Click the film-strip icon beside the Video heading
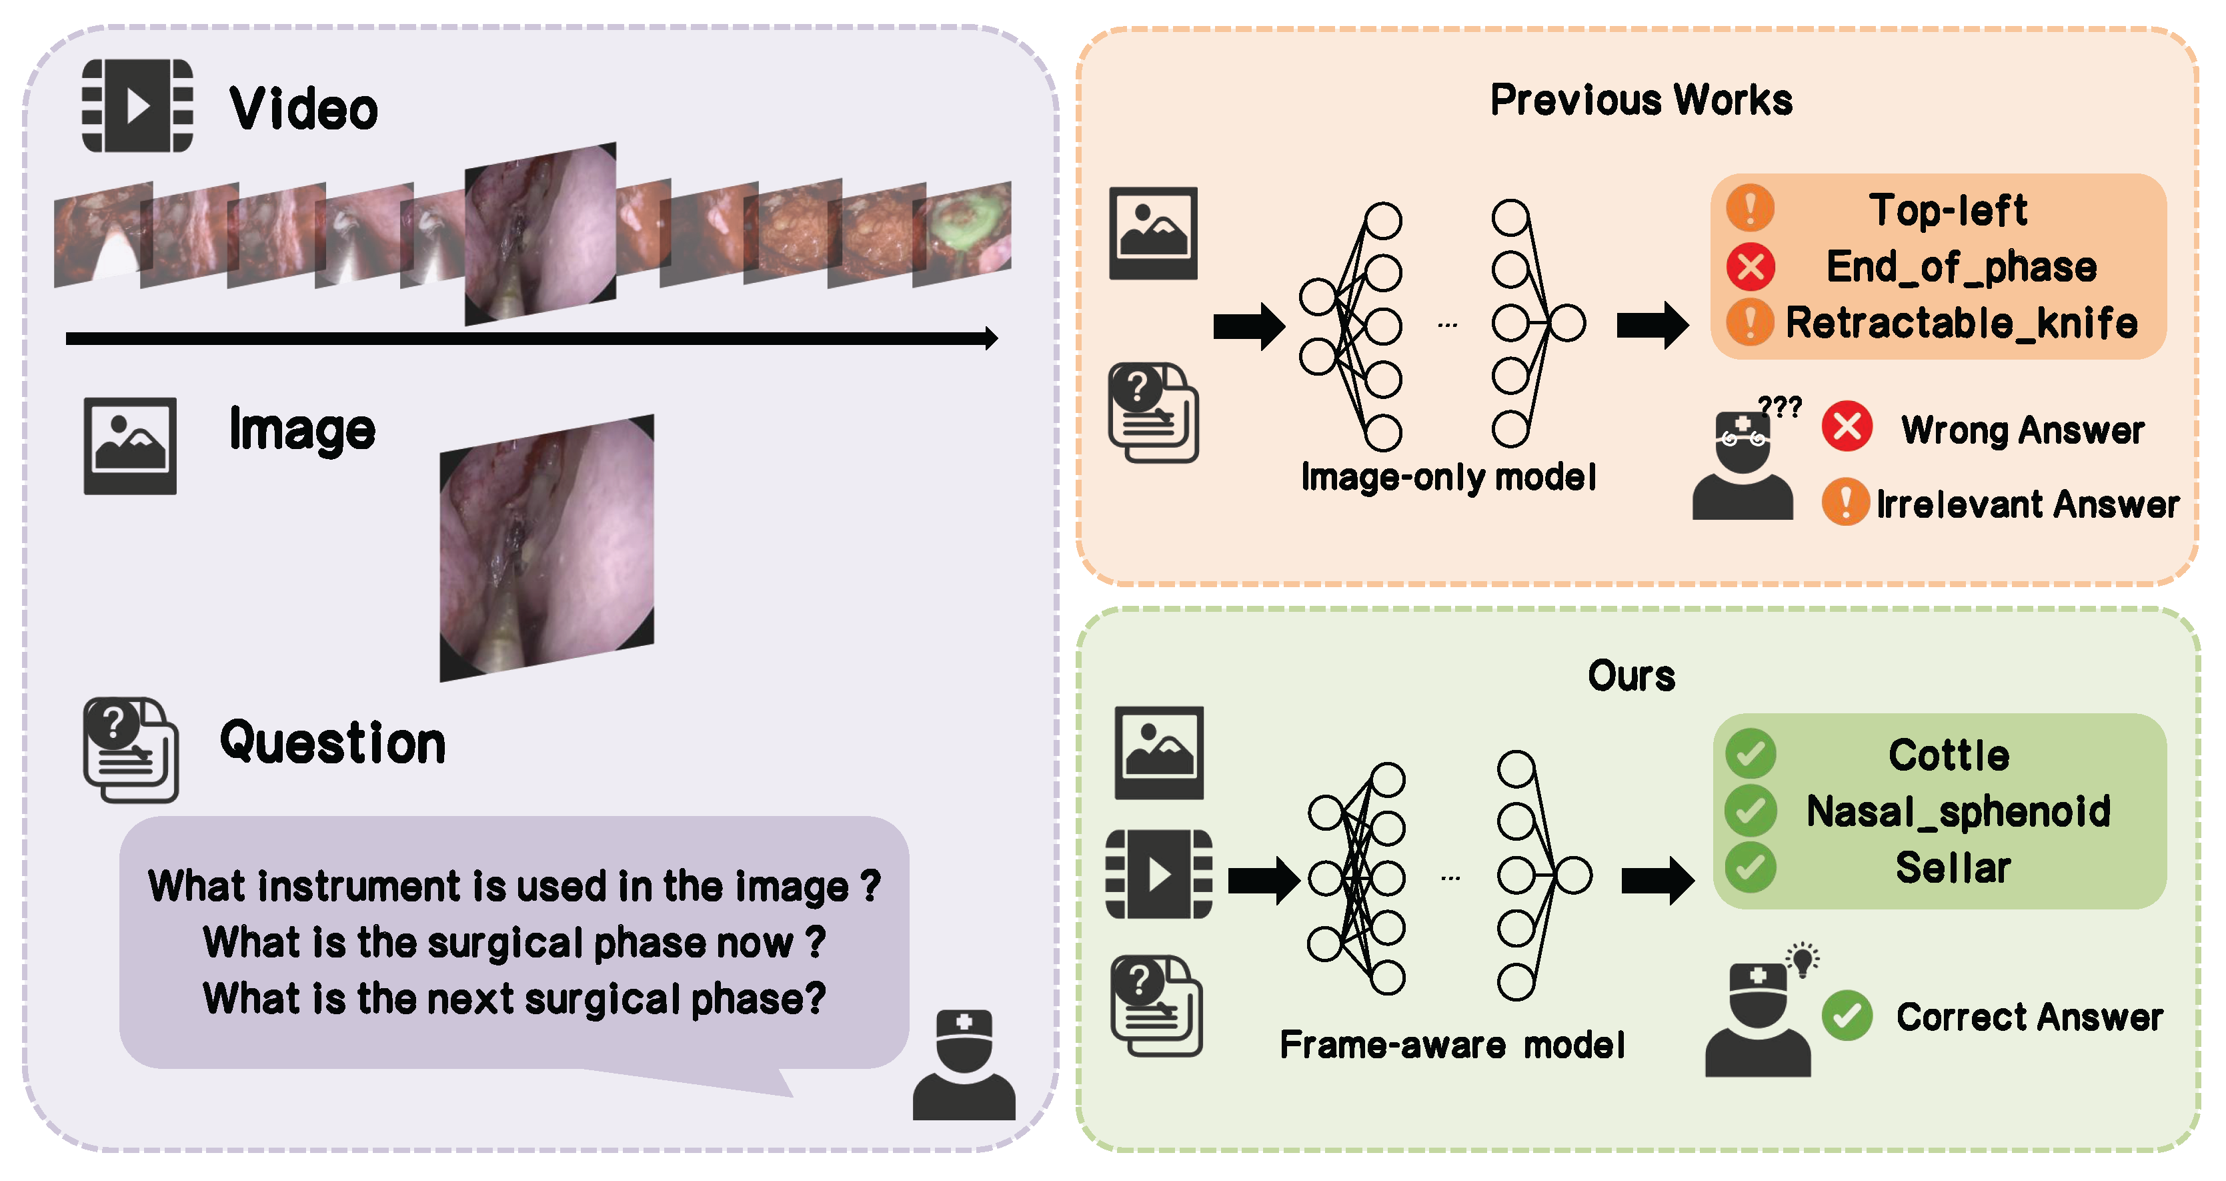tap(137, 105)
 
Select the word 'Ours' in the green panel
tap(1630, 676)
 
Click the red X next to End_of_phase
tap(1750, 266)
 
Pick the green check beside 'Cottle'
tap(1750, 754)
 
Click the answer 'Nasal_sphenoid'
tap(1958, 811)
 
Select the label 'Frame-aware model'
tap(1452, 1044)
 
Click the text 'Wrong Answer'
tap(2022, 430)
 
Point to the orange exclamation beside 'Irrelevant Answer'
tap(1845, 502)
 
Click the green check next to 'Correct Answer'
tap(1847, 1016)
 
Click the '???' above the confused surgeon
tap(1780, 406)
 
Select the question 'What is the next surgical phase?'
tap(514, 999)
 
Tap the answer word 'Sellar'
tap(1953, 867)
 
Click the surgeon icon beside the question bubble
tap(964, 1065)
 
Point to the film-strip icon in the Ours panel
tap(1159, 874)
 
